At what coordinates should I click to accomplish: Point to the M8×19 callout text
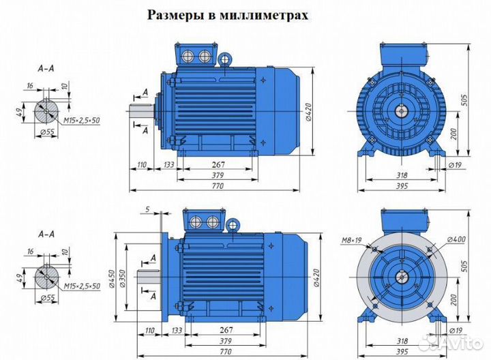click(351, 240)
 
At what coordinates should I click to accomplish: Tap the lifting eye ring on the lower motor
click(233, 223)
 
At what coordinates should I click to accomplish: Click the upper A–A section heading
click(47, 69)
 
